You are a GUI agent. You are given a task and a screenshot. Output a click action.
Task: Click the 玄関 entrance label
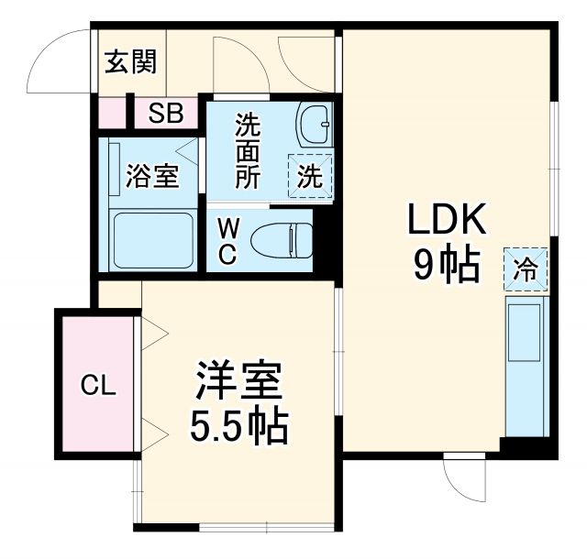(130, 62)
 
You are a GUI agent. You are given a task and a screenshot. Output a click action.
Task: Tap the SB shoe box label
(167, 114)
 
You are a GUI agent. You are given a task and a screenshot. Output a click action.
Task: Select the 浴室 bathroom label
(152, 176)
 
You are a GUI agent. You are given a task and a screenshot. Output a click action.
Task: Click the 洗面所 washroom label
(248, 149)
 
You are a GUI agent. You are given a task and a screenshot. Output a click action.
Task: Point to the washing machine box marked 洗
(311, 174)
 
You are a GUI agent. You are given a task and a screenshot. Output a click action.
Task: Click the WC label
(227, 240)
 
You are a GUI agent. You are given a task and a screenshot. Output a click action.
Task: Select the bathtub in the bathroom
(152, 240)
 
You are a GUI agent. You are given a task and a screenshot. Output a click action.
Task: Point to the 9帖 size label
(447, 266)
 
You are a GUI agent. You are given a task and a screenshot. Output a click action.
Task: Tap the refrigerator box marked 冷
(526, 269)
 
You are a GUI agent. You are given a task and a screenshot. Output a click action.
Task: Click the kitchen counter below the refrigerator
(526, 367)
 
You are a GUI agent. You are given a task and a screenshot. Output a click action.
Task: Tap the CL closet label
(97, 386)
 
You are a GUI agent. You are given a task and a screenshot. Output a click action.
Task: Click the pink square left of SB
(112, 114)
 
